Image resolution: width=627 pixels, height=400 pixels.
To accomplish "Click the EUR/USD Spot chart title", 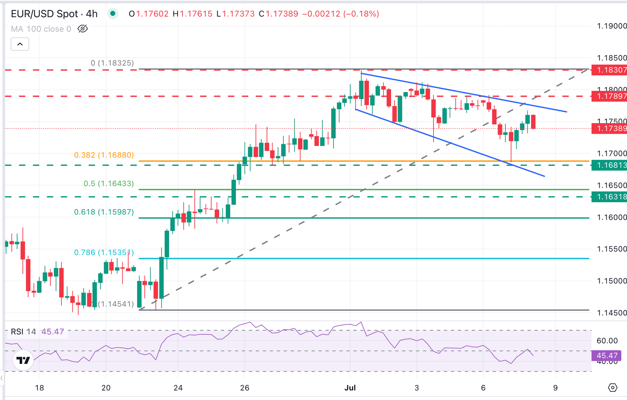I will pos(54,14).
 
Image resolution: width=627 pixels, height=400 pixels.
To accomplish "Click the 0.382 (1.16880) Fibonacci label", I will pos(104,155).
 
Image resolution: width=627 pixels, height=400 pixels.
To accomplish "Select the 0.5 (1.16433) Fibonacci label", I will pos(109,183).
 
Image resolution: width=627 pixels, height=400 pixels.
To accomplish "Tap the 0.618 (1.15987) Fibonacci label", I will pos(104,212).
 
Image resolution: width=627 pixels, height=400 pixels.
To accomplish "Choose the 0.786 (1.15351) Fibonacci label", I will pos(104,252).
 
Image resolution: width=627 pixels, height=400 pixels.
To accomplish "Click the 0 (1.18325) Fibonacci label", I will pos(112,63).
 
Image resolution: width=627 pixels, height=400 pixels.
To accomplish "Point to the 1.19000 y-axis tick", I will pos(611,26).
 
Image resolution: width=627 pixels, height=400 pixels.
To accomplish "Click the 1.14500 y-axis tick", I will pos(611,313).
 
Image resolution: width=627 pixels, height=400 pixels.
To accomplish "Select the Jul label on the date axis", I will pos(350,388).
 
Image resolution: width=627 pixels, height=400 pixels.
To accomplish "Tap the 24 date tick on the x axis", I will pos(178,388).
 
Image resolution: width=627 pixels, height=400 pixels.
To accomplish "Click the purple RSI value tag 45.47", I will pos(607,356).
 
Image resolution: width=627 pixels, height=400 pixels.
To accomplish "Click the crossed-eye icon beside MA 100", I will pos(82,29).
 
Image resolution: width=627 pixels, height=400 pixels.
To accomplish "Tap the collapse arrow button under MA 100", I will pos(20,44).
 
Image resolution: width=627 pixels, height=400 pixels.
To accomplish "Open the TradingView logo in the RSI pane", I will pos(23,360).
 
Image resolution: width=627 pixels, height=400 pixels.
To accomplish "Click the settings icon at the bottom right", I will pos(613,388).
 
